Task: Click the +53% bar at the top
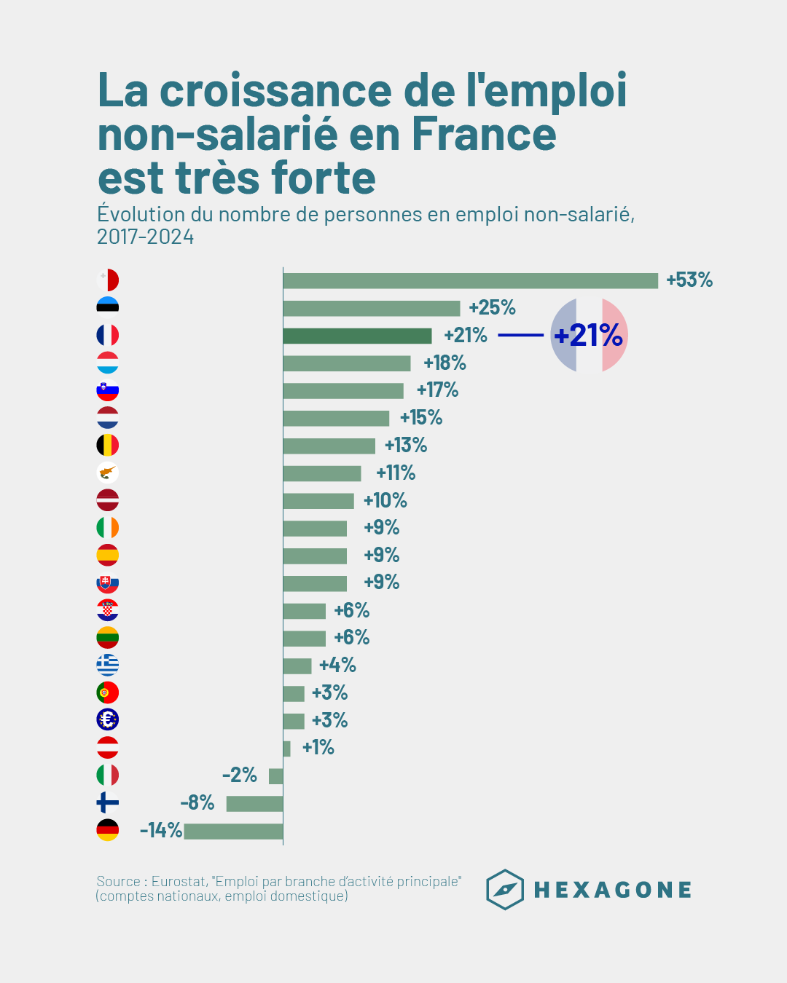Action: point(470,280)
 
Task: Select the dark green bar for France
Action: point(357,336)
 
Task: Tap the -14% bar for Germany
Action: point(233,831)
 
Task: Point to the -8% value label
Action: point(197,803)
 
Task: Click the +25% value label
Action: point(492,308)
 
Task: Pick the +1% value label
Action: point(318,748)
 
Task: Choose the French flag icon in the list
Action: point(108,336)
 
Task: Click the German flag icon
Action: point(108,830)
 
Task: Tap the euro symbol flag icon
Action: point(108,720)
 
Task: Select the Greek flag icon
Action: point(108,665)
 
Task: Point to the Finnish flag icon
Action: point(108,803)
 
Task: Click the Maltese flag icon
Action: point(108,280)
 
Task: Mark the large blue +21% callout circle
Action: point(589,336)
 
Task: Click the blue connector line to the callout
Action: point(520,336)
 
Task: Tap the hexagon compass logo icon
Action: point(505,890)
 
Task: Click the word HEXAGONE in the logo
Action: point(613,890)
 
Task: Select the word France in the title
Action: point(484,135)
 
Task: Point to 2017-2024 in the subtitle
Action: point(146,237)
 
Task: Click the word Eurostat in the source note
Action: point(179,882)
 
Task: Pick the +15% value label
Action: point(421,418)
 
